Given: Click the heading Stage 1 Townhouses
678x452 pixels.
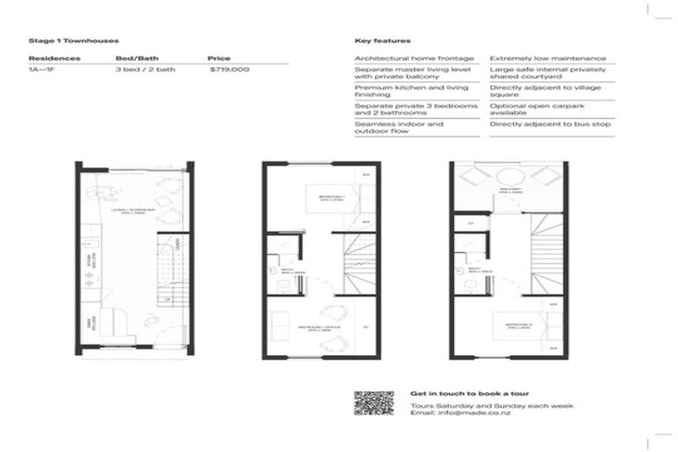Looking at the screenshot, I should click(73, 41).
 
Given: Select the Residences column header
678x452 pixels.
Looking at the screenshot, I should click(55, 58).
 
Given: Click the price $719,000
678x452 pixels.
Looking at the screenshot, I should click(230, 69).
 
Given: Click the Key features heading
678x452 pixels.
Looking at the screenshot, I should click(382, 41).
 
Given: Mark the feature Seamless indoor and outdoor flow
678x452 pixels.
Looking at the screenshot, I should click(399, 128).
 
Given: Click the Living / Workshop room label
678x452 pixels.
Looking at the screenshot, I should click(133, 211).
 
